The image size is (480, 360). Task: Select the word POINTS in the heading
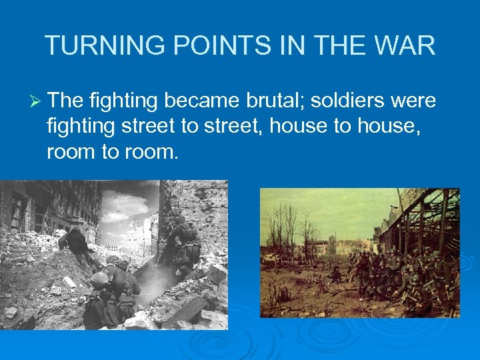click(199, 46)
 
